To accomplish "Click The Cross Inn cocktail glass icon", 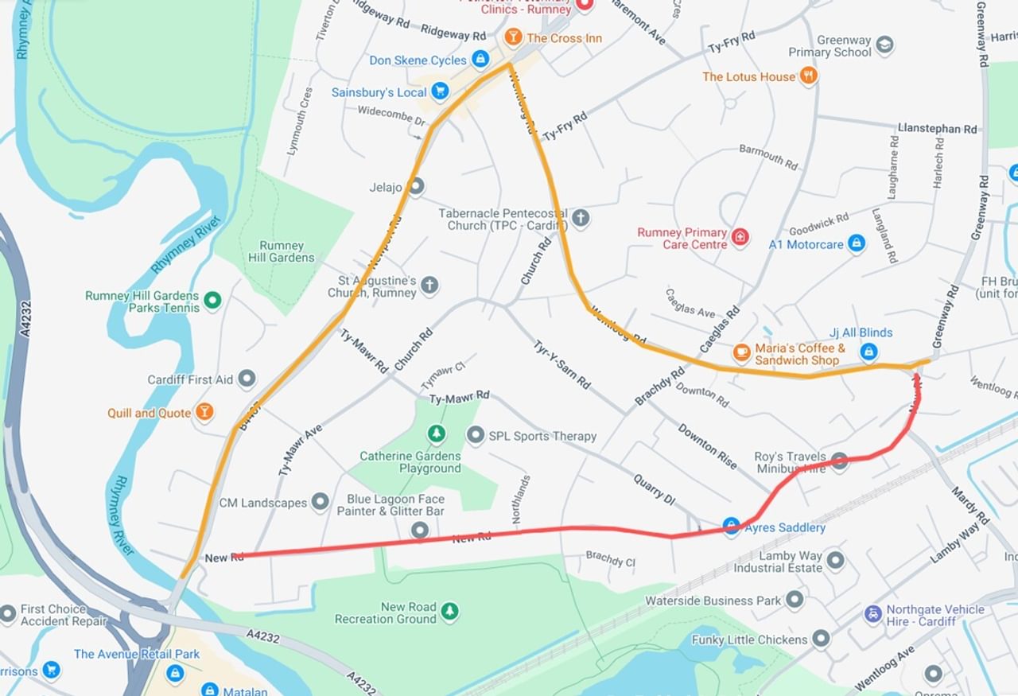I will tap(514, 37).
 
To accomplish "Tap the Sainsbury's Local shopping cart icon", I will tap(439, 91).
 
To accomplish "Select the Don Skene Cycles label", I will tap(418, 60).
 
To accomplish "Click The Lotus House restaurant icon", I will tap(809, 76).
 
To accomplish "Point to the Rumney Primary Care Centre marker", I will tap(740, 238).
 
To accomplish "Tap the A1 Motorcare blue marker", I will tap(856, 243).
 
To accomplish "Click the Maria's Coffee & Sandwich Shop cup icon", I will tap(741, 352).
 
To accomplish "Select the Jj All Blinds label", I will tap(861, 332).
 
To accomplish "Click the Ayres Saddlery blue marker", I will tap(732, 526).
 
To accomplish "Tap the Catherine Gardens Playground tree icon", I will tap(436, 434).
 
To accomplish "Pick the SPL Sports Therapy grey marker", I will tap(476, 435).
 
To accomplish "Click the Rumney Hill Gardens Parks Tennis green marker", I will tap(212, 300).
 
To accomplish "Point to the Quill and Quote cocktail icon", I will tap(204, 412).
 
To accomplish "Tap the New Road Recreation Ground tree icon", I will tap(449, 611).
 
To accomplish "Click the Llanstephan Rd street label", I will tap(937, 128).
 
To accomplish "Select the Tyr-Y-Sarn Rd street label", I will tap(561, 365).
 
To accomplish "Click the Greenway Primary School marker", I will tap(884, 45).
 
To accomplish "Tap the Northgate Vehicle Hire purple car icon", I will tap(873, 614).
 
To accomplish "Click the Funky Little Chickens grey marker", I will tap(821, 638).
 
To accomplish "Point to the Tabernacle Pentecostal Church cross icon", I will tap(581, 219).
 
